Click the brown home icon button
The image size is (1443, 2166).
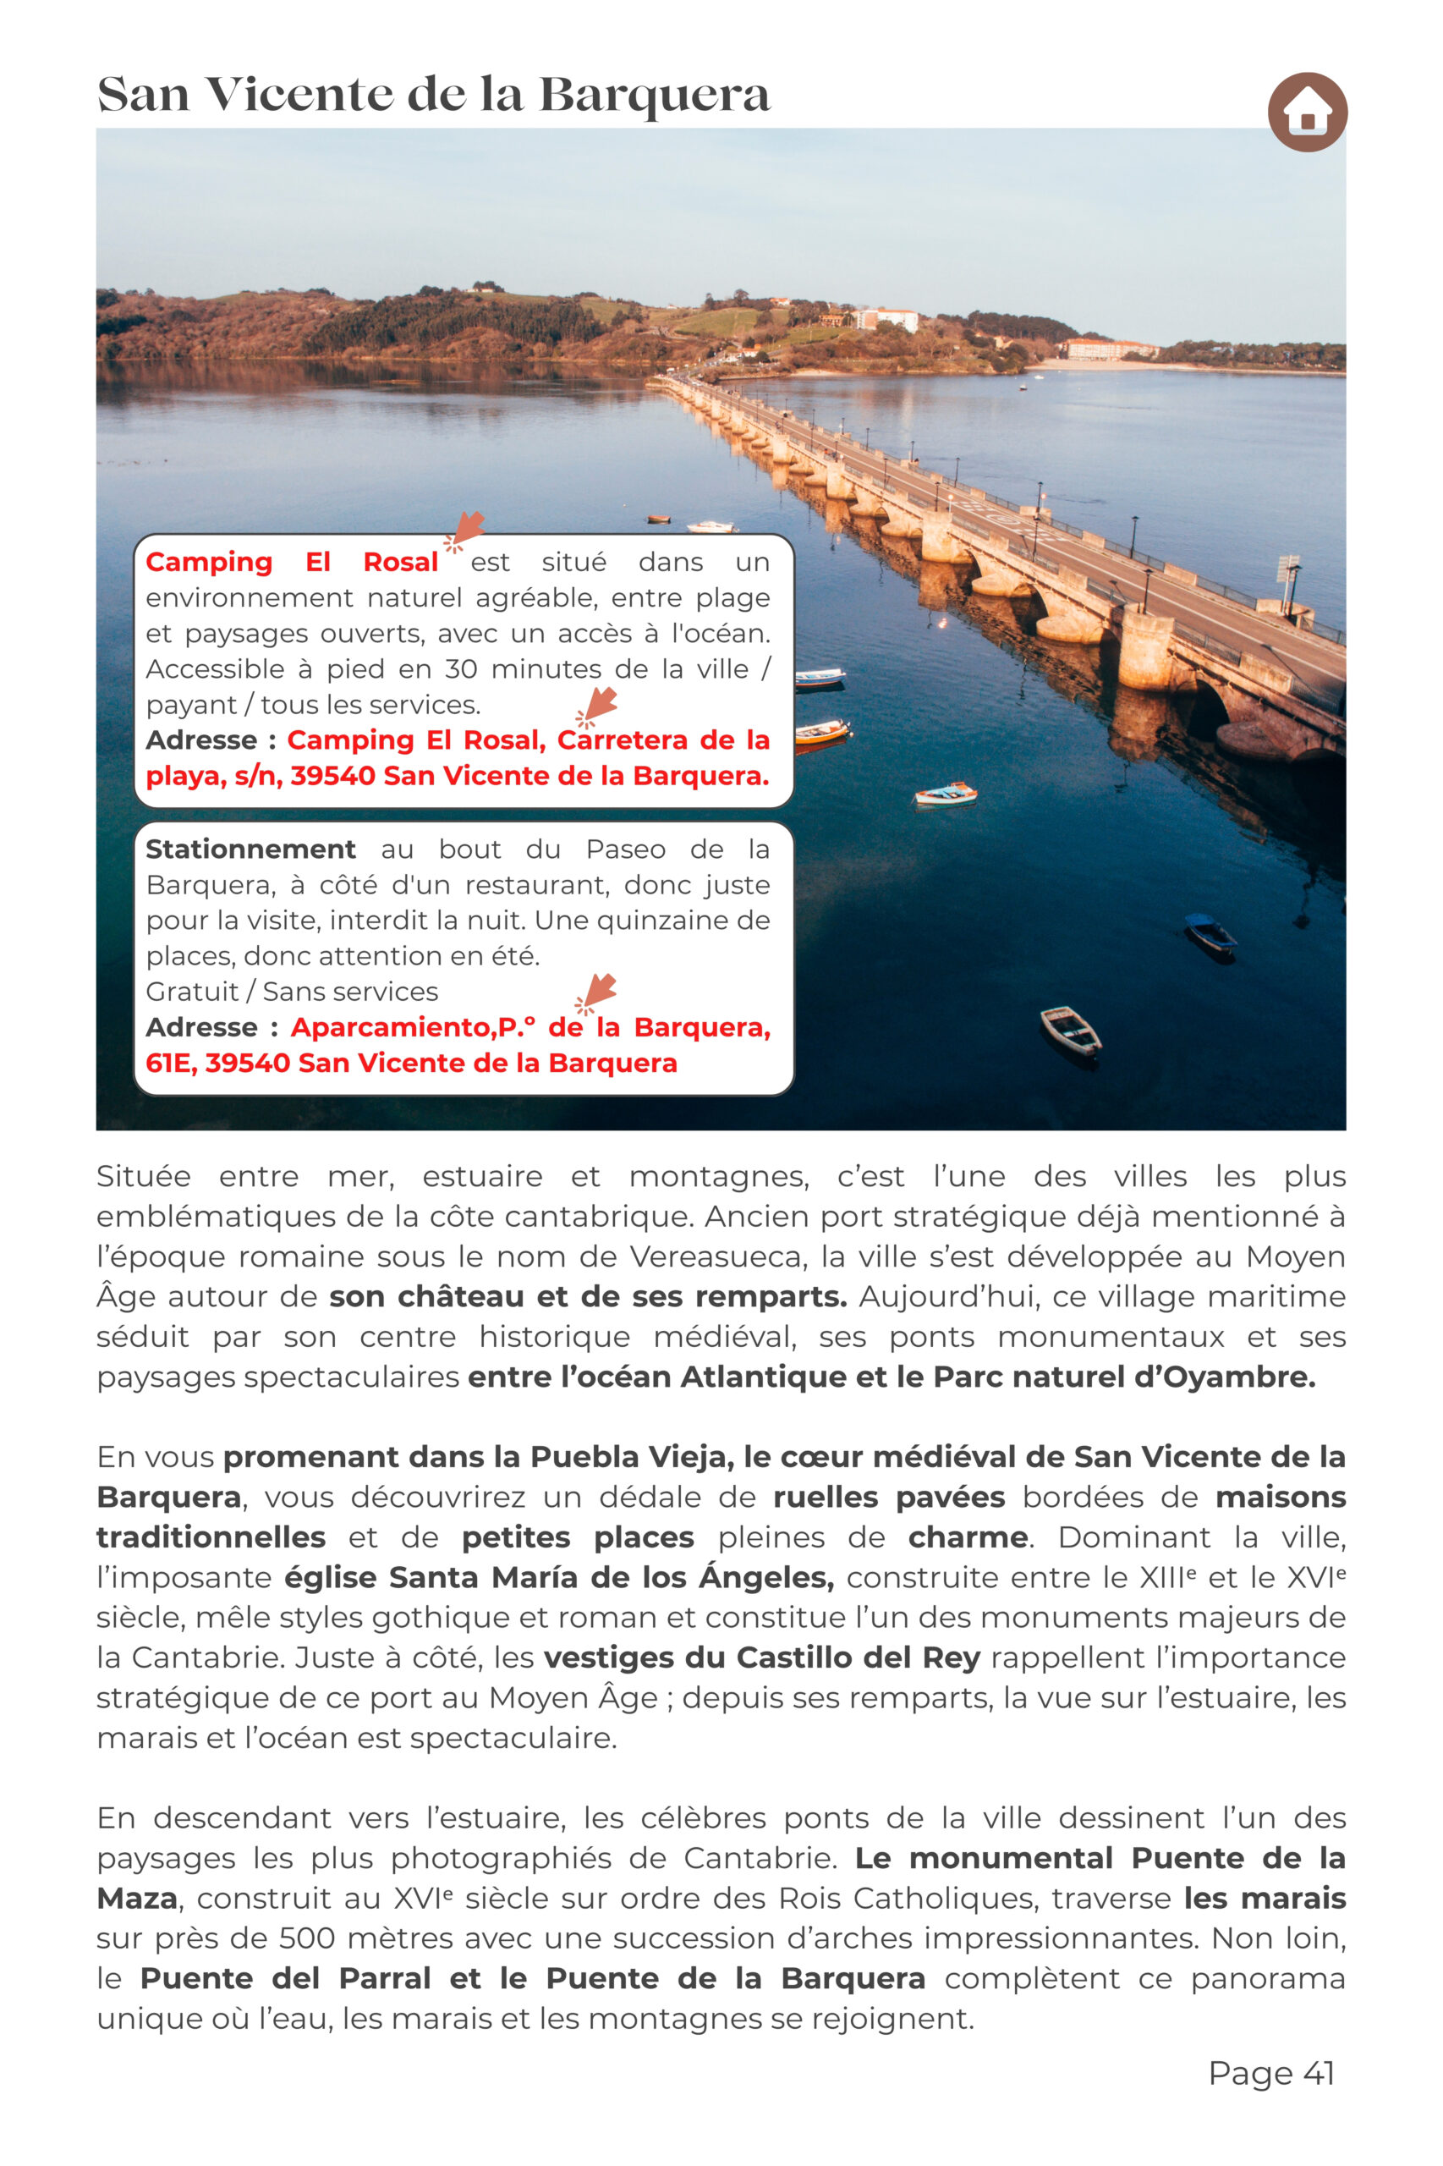tap(1307, 112)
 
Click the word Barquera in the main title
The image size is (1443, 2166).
tap(653, 95)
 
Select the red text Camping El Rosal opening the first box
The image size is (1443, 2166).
tap(292, 562)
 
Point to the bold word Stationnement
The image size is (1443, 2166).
tap(250, 849)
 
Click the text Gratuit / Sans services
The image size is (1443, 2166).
tap(292, 992)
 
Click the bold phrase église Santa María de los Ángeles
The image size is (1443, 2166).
tap(558, 1577)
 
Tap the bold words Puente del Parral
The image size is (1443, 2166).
tap(285, 1978)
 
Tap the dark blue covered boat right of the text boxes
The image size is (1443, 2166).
tap(1210, 933)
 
